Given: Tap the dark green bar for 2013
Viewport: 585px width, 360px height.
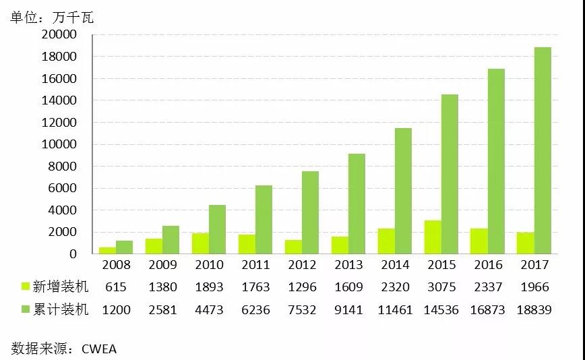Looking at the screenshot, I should [x=357, y=204].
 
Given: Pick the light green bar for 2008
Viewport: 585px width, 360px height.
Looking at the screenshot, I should [x=108, y=250].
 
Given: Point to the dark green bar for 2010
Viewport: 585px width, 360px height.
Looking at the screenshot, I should [x=217, y=229].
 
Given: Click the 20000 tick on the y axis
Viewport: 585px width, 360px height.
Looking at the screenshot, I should [x=59, y=35].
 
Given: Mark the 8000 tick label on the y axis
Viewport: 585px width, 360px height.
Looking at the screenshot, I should [x=63, y=167].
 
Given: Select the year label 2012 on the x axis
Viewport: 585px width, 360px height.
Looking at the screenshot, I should [x=301, y=265].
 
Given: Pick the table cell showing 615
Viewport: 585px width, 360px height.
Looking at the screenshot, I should [x=116, y=287].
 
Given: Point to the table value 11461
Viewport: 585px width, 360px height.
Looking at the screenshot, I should [x=395, y=310].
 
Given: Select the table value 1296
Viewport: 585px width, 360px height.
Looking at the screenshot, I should [x=301, y=287].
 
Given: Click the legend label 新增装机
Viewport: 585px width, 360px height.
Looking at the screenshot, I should [x=61, y=287].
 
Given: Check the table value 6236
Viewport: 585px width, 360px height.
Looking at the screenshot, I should [x=255, y=310].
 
